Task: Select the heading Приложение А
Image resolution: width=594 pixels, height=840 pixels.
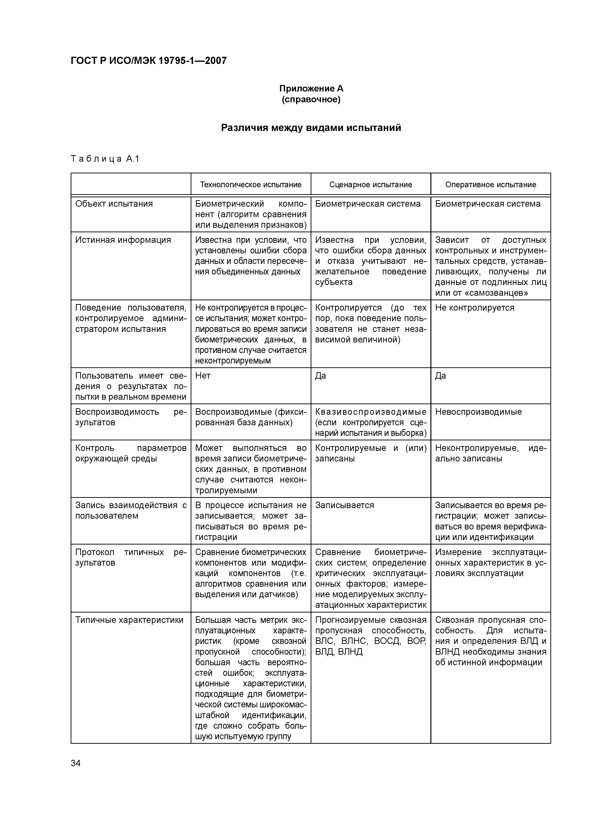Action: tap(311, 89)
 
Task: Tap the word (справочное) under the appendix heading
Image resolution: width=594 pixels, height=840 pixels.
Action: tap(311, 100)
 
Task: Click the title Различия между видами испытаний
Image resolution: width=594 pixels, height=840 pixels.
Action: tap(311, 128)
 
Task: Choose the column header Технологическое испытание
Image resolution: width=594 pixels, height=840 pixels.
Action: tap(251, 185)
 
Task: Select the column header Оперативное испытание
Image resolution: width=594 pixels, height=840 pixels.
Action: tap(491, 185)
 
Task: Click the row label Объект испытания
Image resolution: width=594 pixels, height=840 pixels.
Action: tap(114, 204)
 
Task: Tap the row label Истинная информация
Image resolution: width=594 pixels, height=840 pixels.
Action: tap(123, 240)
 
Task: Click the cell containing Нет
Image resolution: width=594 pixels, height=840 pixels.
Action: tap(203, 376)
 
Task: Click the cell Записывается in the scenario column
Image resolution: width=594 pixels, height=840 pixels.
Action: tap(344, 505)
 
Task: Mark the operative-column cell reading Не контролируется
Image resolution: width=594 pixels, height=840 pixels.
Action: tap(475, 308)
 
